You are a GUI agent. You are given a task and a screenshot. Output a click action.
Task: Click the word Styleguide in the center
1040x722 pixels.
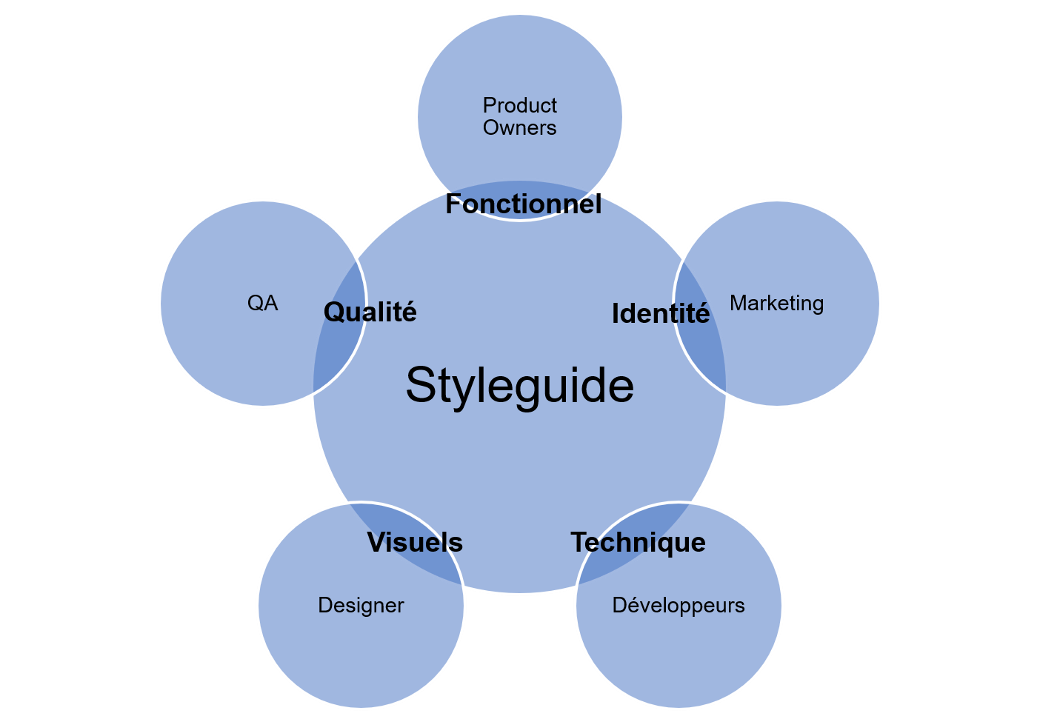(519, 386)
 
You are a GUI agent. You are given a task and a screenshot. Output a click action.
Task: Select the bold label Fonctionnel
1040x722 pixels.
(523, 204)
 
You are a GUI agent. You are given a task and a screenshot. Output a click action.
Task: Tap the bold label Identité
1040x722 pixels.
(660, 314)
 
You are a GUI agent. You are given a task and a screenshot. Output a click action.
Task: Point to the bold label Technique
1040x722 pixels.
(638, 543)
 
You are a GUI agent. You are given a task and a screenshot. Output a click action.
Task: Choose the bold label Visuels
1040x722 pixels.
(415, 543)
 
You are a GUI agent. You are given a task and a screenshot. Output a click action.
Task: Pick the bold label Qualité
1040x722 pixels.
(370, 312)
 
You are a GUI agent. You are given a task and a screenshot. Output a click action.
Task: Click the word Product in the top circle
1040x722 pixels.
(519, 106)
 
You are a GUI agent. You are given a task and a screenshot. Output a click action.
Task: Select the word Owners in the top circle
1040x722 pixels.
(519, 128)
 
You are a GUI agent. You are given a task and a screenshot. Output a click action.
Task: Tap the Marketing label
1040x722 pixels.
(776, 303)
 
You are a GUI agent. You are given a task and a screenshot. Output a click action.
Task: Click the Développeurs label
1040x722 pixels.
(678, 606)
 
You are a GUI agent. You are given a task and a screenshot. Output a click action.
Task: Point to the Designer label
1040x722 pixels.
(361, 606)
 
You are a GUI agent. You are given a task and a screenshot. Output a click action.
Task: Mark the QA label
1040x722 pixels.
(262, 303)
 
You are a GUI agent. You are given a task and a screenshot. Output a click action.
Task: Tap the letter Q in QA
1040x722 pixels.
(255, 303)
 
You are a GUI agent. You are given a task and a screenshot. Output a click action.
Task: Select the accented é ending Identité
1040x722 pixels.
(701, 314)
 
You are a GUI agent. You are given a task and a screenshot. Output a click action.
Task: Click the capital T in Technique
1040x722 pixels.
(579, 543)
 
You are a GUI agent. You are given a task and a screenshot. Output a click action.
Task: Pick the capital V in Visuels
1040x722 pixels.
(377, 543)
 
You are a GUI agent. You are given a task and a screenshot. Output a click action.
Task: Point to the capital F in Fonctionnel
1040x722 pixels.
(453, 204)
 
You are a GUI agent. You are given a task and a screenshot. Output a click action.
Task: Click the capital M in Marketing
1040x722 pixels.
(737, 303)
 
